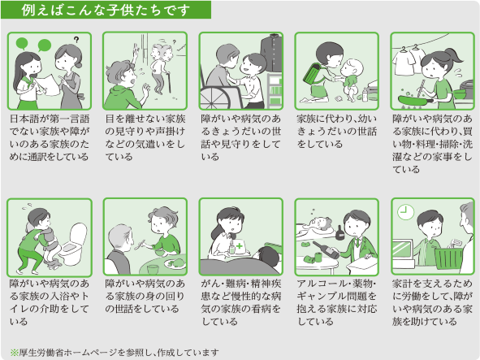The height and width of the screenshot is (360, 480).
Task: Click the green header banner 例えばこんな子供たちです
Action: click(106, 10)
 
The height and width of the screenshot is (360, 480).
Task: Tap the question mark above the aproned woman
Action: click(76, 40)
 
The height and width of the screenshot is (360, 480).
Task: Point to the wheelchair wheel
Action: click(214, 98)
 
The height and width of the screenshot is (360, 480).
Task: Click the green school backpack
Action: click(314, 73)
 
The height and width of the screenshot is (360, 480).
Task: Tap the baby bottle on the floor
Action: click(365, 94)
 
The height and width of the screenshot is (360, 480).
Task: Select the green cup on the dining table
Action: click(153, 269)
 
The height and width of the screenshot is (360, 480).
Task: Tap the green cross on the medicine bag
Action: click(239, 245)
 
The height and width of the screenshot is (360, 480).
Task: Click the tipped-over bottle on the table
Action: click(326, 249)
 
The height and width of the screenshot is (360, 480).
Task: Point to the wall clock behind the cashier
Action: click(405, 212)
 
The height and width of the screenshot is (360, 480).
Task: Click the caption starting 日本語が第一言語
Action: click(50, 137)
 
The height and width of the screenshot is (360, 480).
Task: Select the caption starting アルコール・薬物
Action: click(336, 302)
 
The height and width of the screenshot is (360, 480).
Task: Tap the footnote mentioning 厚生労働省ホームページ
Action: click(115, 353)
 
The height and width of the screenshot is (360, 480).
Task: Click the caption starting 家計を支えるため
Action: click(432, 302)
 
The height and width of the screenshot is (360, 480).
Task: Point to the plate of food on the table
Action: click(175, 263)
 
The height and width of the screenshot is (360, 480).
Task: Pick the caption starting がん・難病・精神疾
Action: click(241, 302)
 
